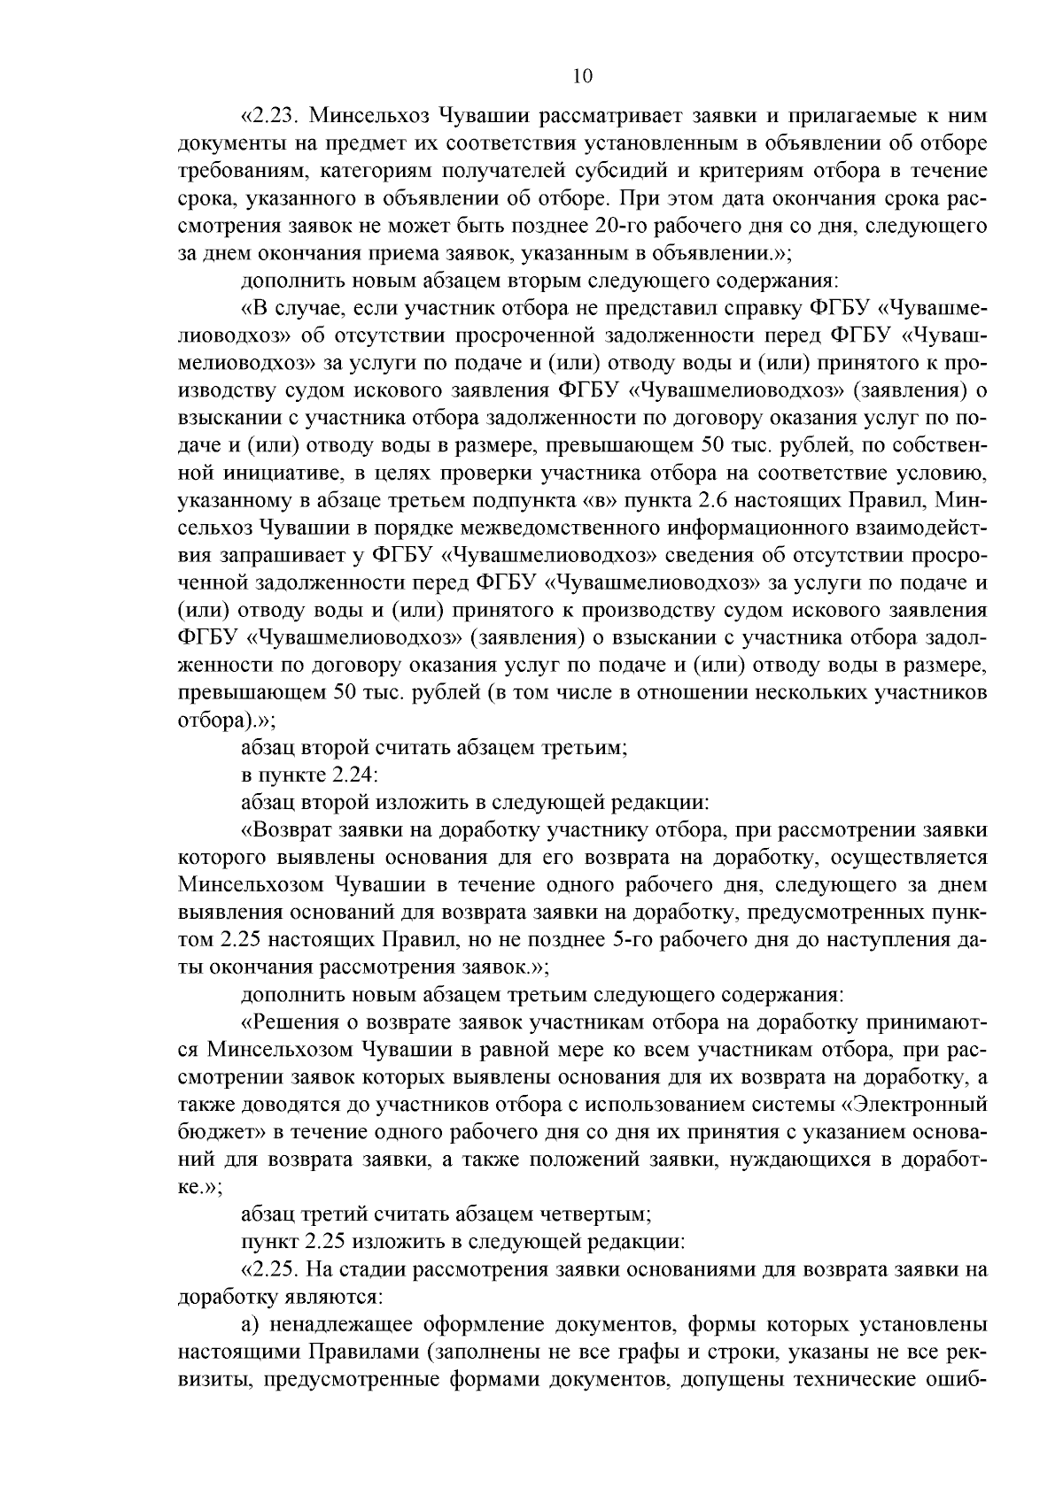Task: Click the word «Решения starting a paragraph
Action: tap(289, 1022)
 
